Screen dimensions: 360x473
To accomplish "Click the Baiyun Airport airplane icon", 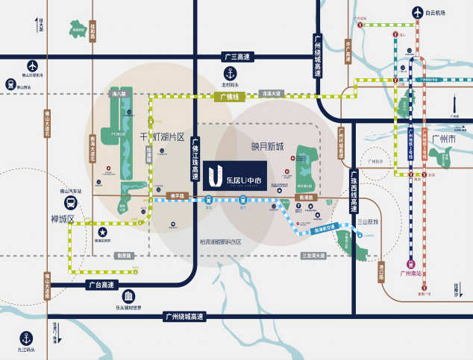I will pyautogui.click(x=416, y=13).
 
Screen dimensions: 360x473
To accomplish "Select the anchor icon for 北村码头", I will pyautogui.click(x=230, y=74).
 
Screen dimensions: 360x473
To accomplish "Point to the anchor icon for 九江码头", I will pyautogui.click(x=26, y=337).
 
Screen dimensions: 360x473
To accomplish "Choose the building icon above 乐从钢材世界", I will pyautogui.click(x=128, y=297).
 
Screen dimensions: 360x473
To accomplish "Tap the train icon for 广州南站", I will pyautogui.click(x=411, y=263).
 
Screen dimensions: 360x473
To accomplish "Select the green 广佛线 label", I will pyautogui.click(x=229, y=97).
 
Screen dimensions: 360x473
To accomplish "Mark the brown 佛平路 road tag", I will pyautogui.click(x=178, y=196).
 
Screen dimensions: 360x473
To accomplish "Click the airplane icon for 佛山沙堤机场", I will pyautogui.click(x=32, y=66).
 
